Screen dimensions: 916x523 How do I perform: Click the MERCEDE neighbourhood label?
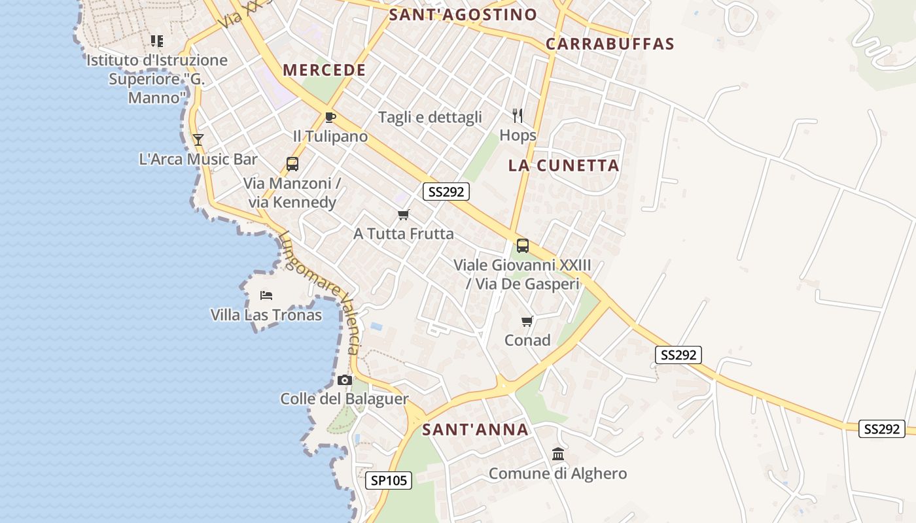click(324, 70)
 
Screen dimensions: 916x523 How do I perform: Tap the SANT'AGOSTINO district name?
click(463, 14)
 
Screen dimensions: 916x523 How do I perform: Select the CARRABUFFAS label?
click(610, 44)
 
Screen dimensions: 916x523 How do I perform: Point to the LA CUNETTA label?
click(563, 165)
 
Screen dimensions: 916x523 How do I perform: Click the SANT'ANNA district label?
click(475, 430)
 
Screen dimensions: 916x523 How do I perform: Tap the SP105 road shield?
click(389, 481)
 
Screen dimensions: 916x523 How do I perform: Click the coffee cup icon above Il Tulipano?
click(330, 118)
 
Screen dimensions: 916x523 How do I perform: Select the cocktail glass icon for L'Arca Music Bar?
click(198, 140)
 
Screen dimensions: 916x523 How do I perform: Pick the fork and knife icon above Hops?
click(518, 116)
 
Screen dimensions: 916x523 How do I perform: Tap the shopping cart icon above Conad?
click(527, 321)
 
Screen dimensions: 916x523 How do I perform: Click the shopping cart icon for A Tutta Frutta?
click(404, 214)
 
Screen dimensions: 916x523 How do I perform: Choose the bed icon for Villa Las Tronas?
click(266, 295)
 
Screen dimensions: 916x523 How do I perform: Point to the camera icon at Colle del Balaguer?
click(344, 380)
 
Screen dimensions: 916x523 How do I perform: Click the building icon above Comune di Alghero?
click(558, 454)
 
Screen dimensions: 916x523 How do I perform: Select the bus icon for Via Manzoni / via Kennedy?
click(292, 164)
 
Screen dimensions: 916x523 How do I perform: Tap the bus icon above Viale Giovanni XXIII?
click(522, 246)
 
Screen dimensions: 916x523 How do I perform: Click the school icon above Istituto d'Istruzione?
click(157, 41)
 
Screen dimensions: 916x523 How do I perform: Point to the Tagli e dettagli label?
click(430, 117)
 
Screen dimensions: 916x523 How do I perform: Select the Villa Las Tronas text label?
click(266, 315)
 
